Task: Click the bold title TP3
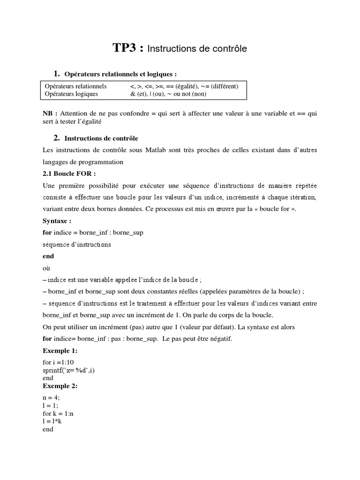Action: tap(128, 48)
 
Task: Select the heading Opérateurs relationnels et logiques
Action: tap(120, 74)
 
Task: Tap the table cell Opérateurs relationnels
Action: tap(75, 86)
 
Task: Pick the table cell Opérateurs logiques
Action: tap(71, 94)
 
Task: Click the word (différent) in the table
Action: tap(221, 86)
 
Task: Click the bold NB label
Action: tap(50, 113)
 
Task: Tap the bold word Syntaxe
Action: tap(57, 221)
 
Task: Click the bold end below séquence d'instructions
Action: tap(48, 256)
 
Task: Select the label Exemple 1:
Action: tap(60, 351)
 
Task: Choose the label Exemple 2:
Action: tap(60, 386)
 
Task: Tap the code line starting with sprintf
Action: tap(71, 370)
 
